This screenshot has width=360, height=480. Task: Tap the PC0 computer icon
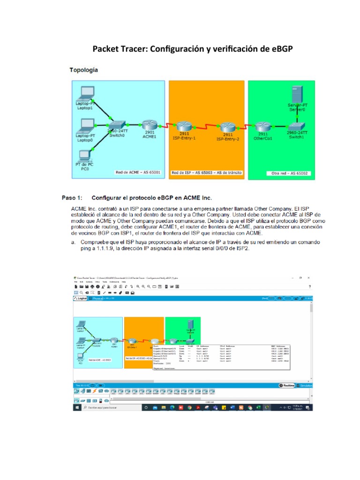click(x=85, y=155)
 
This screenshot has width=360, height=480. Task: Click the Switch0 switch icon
click(x=117, y=125)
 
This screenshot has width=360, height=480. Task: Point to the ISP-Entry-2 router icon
click(x=227, y=127)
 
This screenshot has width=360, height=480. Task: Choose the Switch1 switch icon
click(x=296, y=127)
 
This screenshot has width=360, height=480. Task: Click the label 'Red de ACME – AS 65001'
click(x=138, y=172)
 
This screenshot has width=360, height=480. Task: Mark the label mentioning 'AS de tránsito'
click(x=207, y=172)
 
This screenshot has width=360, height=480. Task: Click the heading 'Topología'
click(x=84, y=70)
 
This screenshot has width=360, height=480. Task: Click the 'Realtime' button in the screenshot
click(x=288, y=385)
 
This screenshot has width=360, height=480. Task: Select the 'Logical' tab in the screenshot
click(x=80, y=298)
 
